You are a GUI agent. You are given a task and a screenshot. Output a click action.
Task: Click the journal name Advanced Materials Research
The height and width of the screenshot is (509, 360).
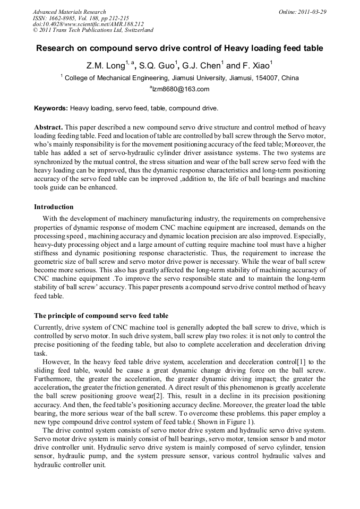pyautogui.click(x=69, y=12)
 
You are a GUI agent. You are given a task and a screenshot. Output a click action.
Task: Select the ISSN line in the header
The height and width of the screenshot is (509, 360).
pyautogui.click(x=73, y=18)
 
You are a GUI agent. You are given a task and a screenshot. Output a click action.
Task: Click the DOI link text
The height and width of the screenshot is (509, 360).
pyautogui.click(x=88, y=24)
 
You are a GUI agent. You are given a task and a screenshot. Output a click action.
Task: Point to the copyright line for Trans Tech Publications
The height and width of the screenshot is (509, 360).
pyautogui.click(x=93, y=30)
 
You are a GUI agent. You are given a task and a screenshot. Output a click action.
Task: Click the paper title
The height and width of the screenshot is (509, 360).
pyautogui.click(x=179, y=48)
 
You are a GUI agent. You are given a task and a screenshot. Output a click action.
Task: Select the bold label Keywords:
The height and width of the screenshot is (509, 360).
pyautogui.click(x=51, y=108)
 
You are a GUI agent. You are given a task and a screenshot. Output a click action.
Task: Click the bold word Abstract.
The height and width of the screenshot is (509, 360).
pyautogui.click(x=48, y=128)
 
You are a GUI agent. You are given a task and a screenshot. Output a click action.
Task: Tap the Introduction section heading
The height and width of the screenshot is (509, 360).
pyautogui.click(x=54, y=206)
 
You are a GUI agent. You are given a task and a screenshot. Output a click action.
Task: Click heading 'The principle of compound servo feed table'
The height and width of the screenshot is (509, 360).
pyautogui.click(x=101, y=315)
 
